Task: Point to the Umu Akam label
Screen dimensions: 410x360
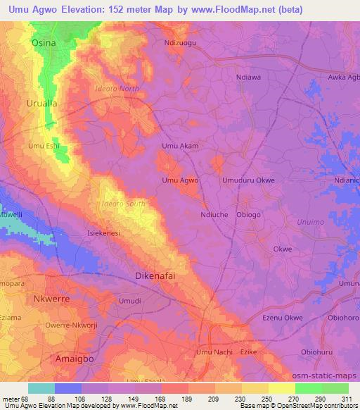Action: [180, 147]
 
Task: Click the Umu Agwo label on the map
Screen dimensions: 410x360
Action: [180, 180]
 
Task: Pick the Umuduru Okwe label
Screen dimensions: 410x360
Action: [248, 180]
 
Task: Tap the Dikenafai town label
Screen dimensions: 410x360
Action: [155, 276]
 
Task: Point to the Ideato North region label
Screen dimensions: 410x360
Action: [116, 89]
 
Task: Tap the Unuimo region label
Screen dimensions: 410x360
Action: [291, 221]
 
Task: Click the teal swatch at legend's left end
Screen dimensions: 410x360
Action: [41, 388]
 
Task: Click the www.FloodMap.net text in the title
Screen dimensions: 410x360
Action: [244, 9]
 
